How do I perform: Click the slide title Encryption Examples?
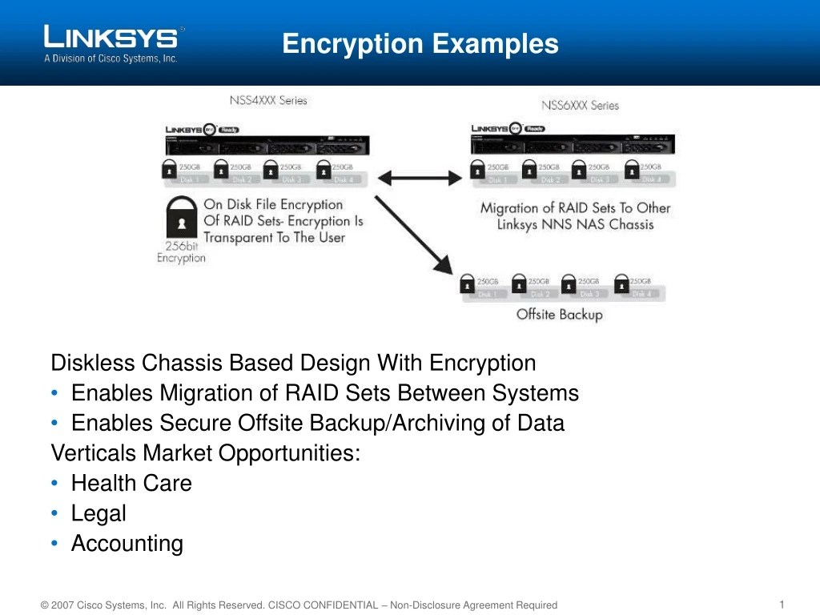pos(420,43)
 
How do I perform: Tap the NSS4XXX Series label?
pos(268,101)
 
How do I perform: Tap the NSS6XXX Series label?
pos(580,105)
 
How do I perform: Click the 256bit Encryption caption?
pos(181,252)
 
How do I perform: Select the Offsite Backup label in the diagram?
pos(559,315)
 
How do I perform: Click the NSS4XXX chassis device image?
pos(267,144)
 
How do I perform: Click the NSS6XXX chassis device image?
pos(573,144)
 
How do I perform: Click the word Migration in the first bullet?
pos(204,393)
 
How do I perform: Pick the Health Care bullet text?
pos(131,484)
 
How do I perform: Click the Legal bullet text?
pos(98,513)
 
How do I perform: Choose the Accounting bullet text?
pos(127,544)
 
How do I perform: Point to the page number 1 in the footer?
pos(781,604)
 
